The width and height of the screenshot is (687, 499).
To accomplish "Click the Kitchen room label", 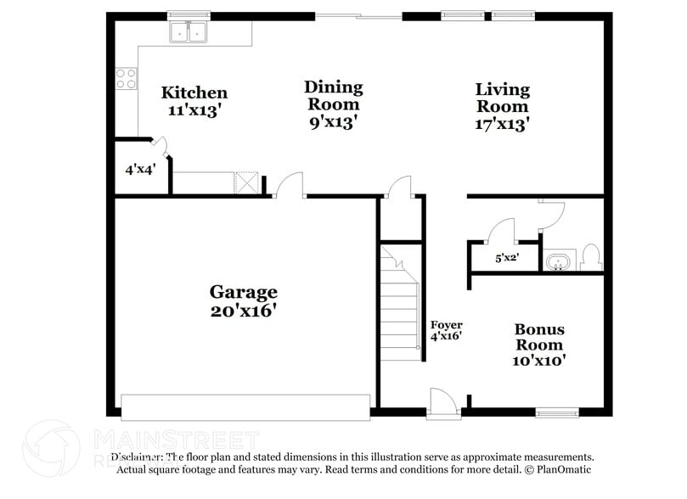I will pyautogui.click(x=194, y=101).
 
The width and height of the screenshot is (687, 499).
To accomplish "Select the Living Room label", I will pyautogui.click(x=502, y=106).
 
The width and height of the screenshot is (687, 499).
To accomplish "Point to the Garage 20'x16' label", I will pyautogui.click(x=244, y=301).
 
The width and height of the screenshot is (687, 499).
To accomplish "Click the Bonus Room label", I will pyautogui.click(x=539, y=345).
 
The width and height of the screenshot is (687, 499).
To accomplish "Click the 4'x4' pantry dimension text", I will pyautogui.click(x=140, y=169).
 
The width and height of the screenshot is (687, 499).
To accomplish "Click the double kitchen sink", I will pyautogui.click(x=189, y=32).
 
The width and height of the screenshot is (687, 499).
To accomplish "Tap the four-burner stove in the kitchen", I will pyautogui.click(x=127, y=79).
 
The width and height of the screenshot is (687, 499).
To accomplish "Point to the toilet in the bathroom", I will pyautogui.click(x=591, y=257).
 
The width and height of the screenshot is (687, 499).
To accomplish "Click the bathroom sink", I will pyautogui.click(x=557, y=261).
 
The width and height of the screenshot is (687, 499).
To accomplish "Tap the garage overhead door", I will pyautogui.click(x=246, y=406).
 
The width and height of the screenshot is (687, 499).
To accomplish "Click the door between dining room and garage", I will pyautogui.click(x=289, y=187).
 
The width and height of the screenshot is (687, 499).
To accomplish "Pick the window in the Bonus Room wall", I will pyautogui.click(x=557, y=413).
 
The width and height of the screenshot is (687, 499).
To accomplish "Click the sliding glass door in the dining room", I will pyautogui.click(x=357, y=15).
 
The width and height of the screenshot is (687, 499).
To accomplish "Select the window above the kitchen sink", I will pyautogui.click(x=189, y=14).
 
